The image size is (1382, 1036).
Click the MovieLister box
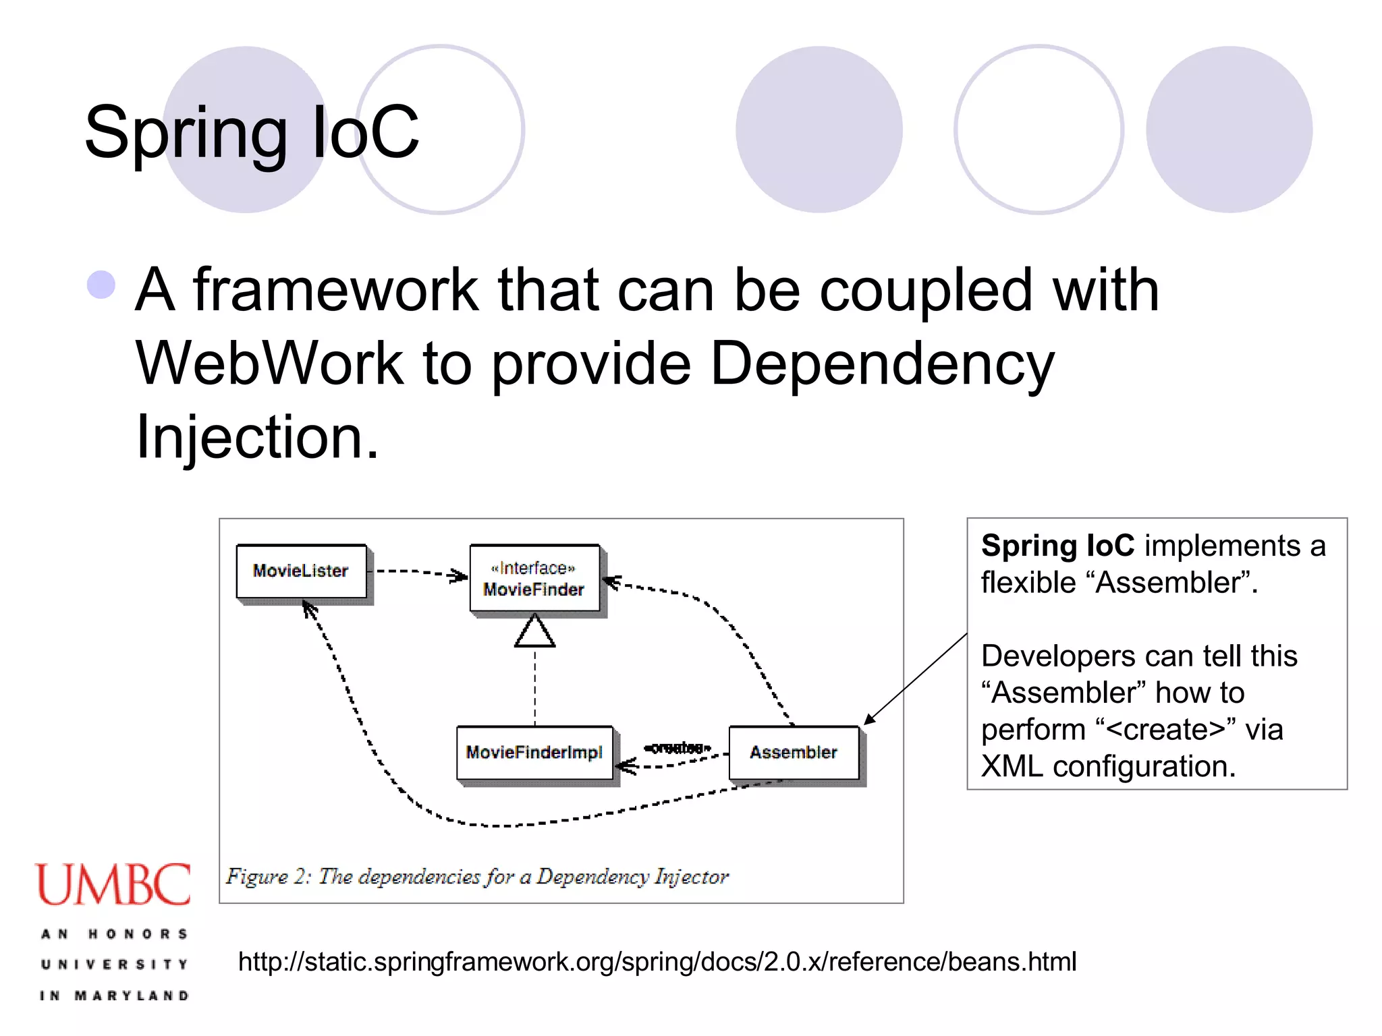301,571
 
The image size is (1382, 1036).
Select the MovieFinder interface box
534,579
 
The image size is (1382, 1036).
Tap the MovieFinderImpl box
534,752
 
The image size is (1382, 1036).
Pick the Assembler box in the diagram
794,752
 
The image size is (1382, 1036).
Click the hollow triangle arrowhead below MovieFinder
534,631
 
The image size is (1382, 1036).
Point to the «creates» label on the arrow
677,747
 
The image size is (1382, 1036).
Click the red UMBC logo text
113,884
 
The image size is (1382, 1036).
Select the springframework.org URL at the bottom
657,962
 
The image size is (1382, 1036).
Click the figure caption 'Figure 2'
477,876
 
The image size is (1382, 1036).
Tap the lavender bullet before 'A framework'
101,285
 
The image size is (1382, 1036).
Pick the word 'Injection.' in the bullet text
257,437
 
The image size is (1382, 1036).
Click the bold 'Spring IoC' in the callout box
1057,545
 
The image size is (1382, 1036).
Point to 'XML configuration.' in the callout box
1107,766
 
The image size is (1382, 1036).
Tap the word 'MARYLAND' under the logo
132,996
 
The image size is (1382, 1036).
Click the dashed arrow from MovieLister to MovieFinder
418,573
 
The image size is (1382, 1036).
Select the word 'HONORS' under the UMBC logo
138,934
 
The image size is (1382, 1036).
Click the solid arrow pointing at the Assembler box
916,678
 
